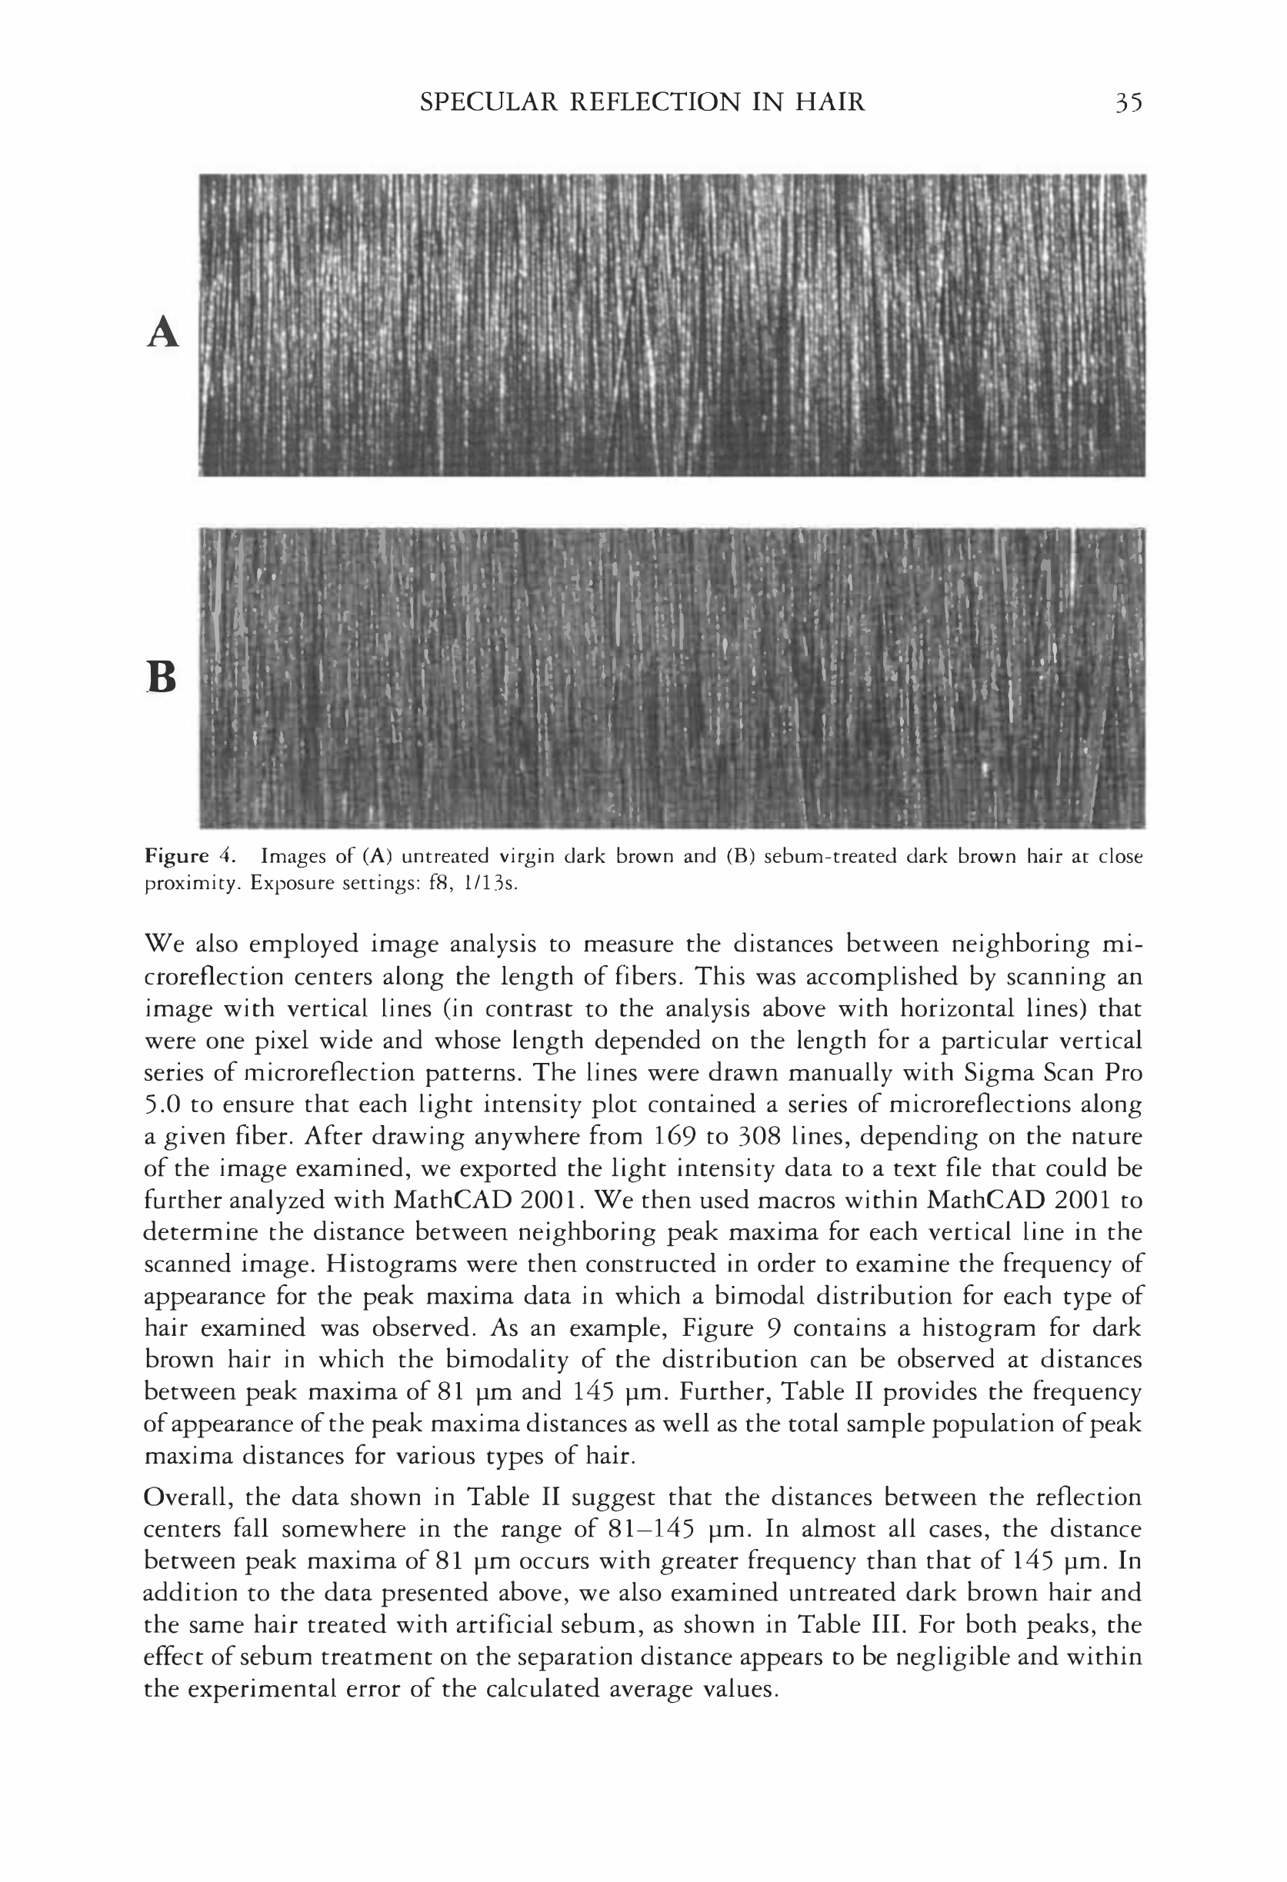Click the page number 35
pos(1128,102)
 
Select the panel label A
pos(163,332)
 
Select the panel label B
pos(162,677)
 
